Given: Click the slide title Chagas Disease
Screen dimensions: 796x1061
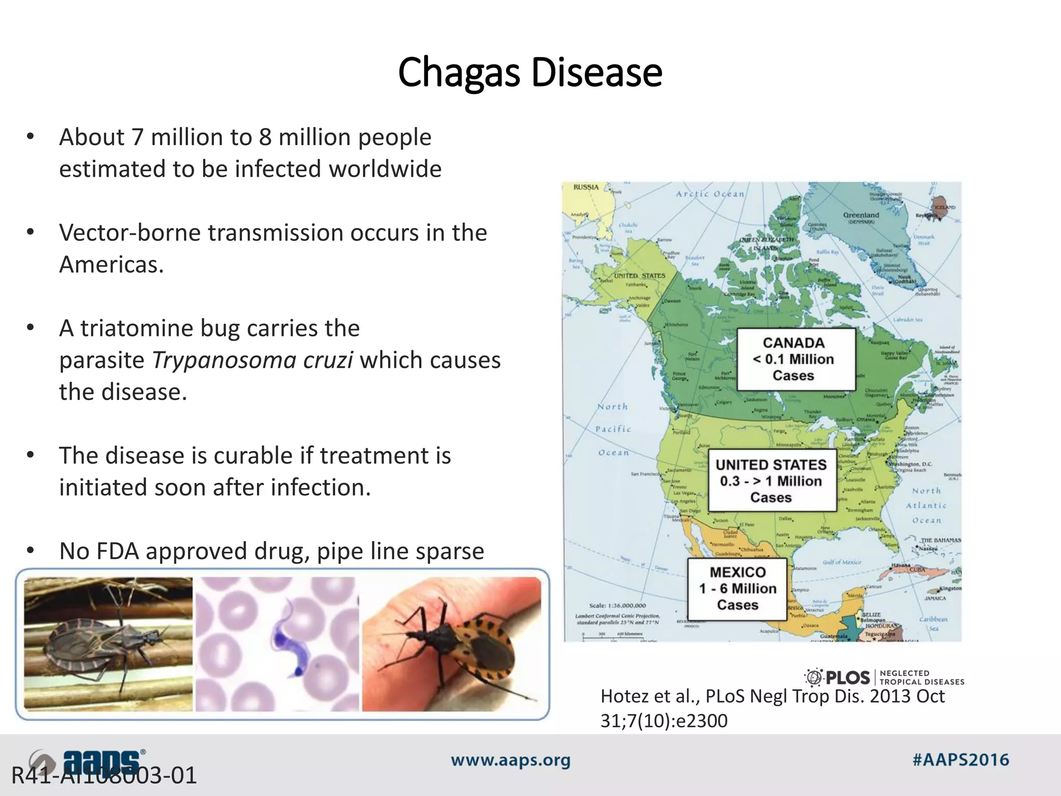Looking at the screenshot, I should point(529,72).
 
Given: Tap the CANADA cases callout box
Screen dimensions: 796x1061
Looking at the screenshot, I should point(795,359).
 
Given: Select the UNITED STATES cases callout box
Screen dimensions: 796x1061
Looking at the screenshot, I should point(771,481).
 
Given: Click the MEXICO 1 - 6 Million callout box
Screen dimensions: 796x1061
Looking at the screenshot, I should point(737,589).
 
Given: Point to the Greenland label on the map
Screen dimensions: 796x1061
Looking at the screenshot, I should point(861,215).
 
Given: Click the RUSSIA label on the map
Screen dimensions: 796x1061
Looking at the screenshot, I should point(586,188).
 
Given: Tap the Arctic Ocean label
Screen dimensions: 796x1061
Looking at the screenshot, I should point(710,194).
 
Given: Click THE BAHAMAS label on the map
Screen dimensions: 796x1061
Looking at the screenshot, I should point(940,540).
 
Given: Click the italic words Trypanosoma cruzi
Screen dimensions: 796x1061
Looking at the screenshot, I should point(252,360).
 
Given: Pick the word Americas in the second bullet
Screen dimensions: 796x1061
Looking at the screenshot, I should point(111,265).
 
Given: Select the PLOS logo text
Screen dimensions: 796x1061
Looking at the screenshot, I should point(847,678).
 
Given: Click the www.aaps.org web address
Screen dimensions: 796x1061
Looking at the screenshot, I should point(510,761).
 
